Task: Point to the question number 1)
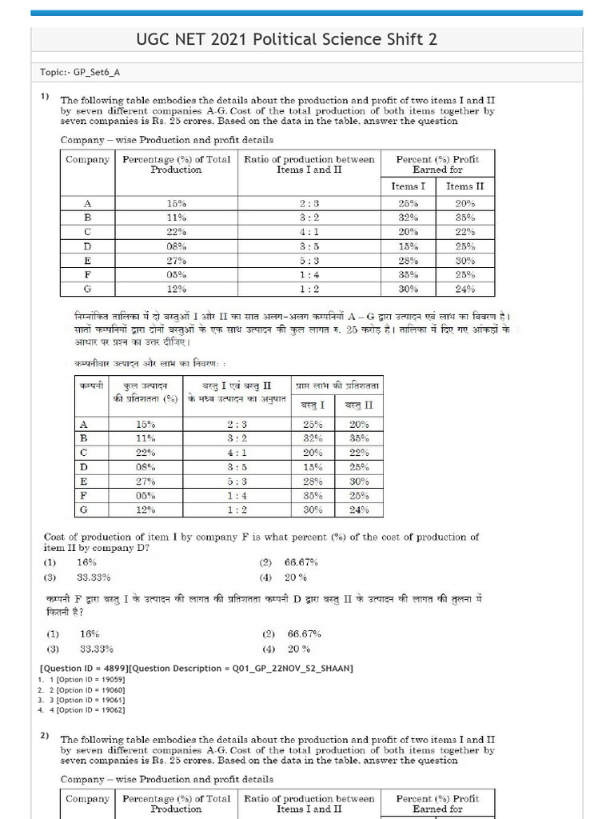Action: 46,97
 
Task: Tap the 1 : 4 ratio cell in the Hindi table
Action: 241,495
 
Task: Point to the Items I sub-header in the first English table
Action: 409,186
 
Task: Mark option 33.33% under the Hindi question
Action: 97,649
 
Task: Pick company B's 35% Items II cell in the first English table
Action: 465,217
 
